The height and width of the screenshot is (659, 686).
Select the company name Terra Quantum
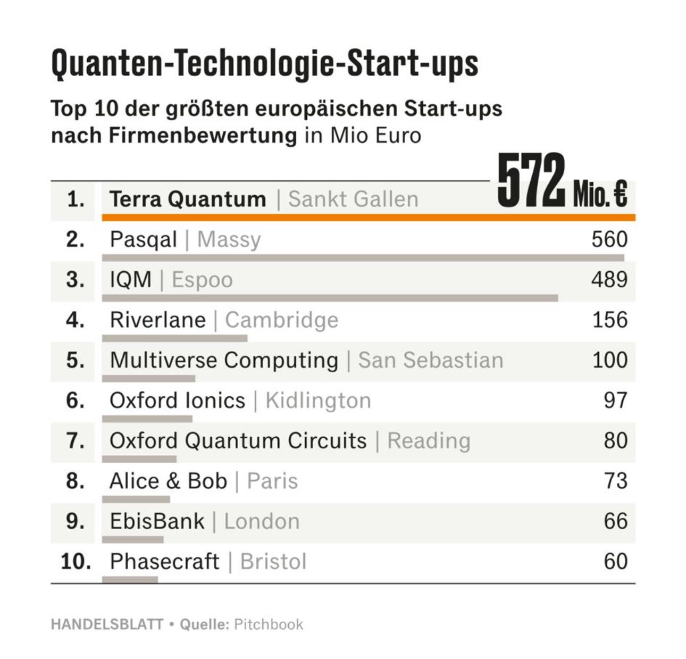(188, 199)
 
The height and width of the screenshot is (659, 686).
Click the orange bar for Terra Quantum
(368, 218)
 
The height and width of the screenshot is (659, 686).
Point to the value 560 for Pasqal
(609, 239)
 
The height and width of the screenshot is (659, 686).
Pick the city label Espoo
(202, 280)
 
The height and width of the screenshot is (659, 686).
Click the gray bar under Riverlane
(174, 338)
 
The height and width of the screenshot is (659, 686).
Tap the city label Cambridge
(281, 320)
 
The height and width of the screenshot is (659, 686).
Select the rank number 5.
(76, 360)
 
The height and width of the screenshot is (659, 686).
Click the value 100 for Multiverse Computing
(610, 360)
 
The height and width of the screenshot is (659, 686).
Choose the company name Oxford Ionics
(177, 401)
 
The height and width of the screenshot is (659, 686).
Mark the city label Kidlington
(318, 401)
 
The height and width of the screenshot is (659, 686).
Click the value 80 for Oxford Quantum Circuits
(615, 441)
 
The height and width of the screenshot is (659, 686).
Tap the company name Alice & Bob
(168, 481)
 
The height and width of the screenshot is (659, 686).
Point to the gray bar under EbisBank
(133, 539)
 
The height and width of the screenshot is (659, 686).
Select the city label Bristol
(273, 562)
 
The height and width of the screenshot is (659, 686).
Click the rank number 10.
(76, 562)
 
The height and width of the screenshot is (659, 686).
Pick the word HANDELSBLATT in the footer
(107, 624)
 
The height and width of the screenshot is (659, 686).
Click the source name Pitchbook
(269, 624)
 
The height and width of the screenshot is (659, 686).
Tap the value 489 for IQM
(609, 280)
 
